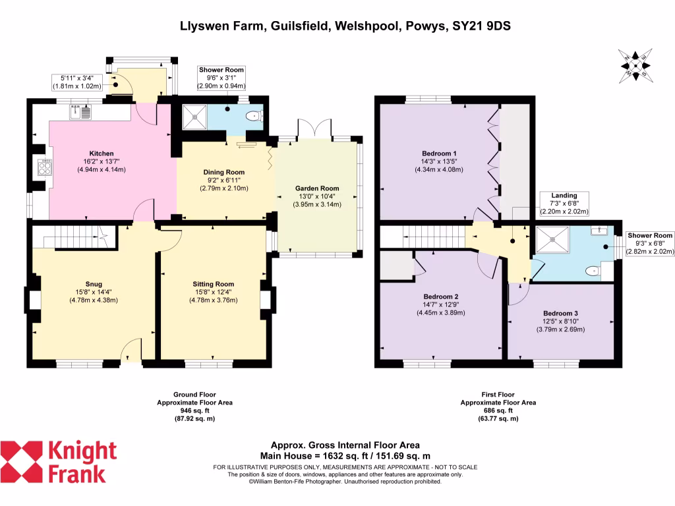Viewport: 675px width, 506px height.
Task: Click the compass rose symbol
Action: pyautogui.click(x=635, y=67)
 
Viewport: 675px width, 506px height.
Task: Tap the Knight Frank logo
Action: pyautogui.click(x=59, y=462)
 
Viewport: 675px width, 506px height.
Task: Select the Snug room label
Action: pyautogui.click(x=93, y=285)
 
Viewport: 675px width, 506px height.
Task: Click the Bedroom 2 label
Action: pyautogui.click(x=440, y=296)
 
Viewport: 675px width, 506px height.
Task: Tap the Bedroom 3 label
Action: pyautogui.click(x=560, y=313)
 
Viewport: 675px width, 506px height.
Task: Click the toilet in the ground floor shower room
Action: pyautogui.click(x=252, y=117)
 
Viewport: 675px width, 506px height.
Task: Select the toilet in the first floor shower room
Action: pyautogui.click(x=593, y=269)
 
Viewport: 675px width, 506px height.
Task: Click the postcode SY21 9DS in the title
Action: pyautogui.click(x=482, y=26)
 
